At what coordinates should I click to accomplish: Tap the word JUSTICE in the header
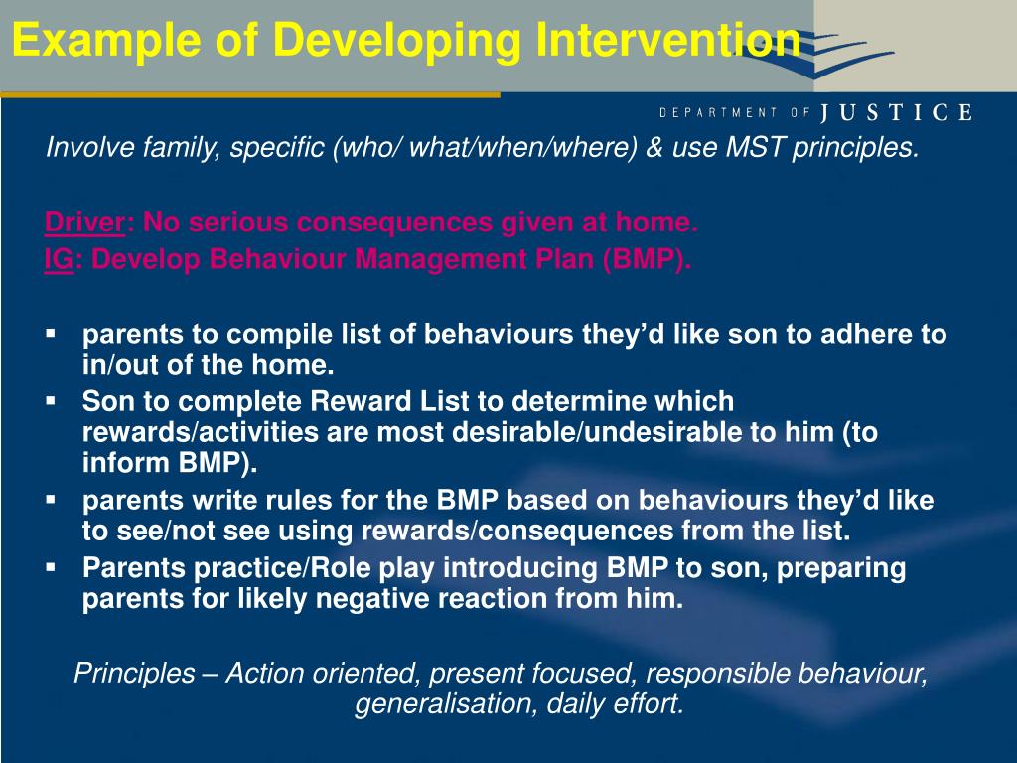[x=897, y=113]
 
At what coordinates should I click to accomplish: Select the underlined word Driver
[x=84, y=223]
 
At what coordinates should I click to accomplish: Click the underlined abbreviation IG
[x=59, y=259]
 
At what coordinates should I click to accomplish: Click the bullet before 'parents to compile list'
[x=51, y=334]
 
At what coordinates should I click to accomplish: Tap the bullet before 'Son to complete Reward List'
[x=51, y=402]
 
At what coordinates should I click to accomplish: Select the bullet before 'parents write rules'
[x=51, y=501]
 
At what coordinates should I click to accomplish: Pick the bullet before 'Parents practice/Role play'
[x=51, y=568]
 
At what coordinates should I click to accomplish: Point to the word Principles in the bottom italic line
[x=134, y=673]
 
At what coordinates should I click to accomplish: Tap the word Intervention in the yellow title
[x=668, y=39]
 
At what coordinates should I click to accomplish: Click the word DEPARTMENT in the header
[x=718, y=113]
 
